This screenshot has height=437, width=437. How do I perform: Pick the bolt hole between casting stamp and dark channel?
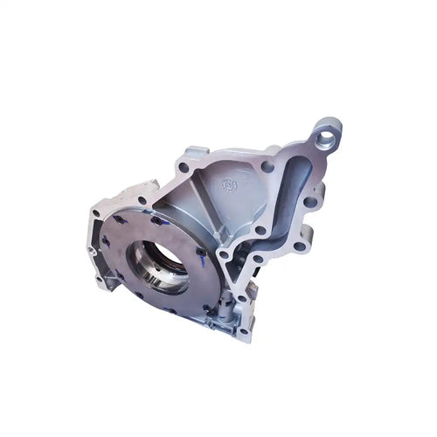266,167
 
